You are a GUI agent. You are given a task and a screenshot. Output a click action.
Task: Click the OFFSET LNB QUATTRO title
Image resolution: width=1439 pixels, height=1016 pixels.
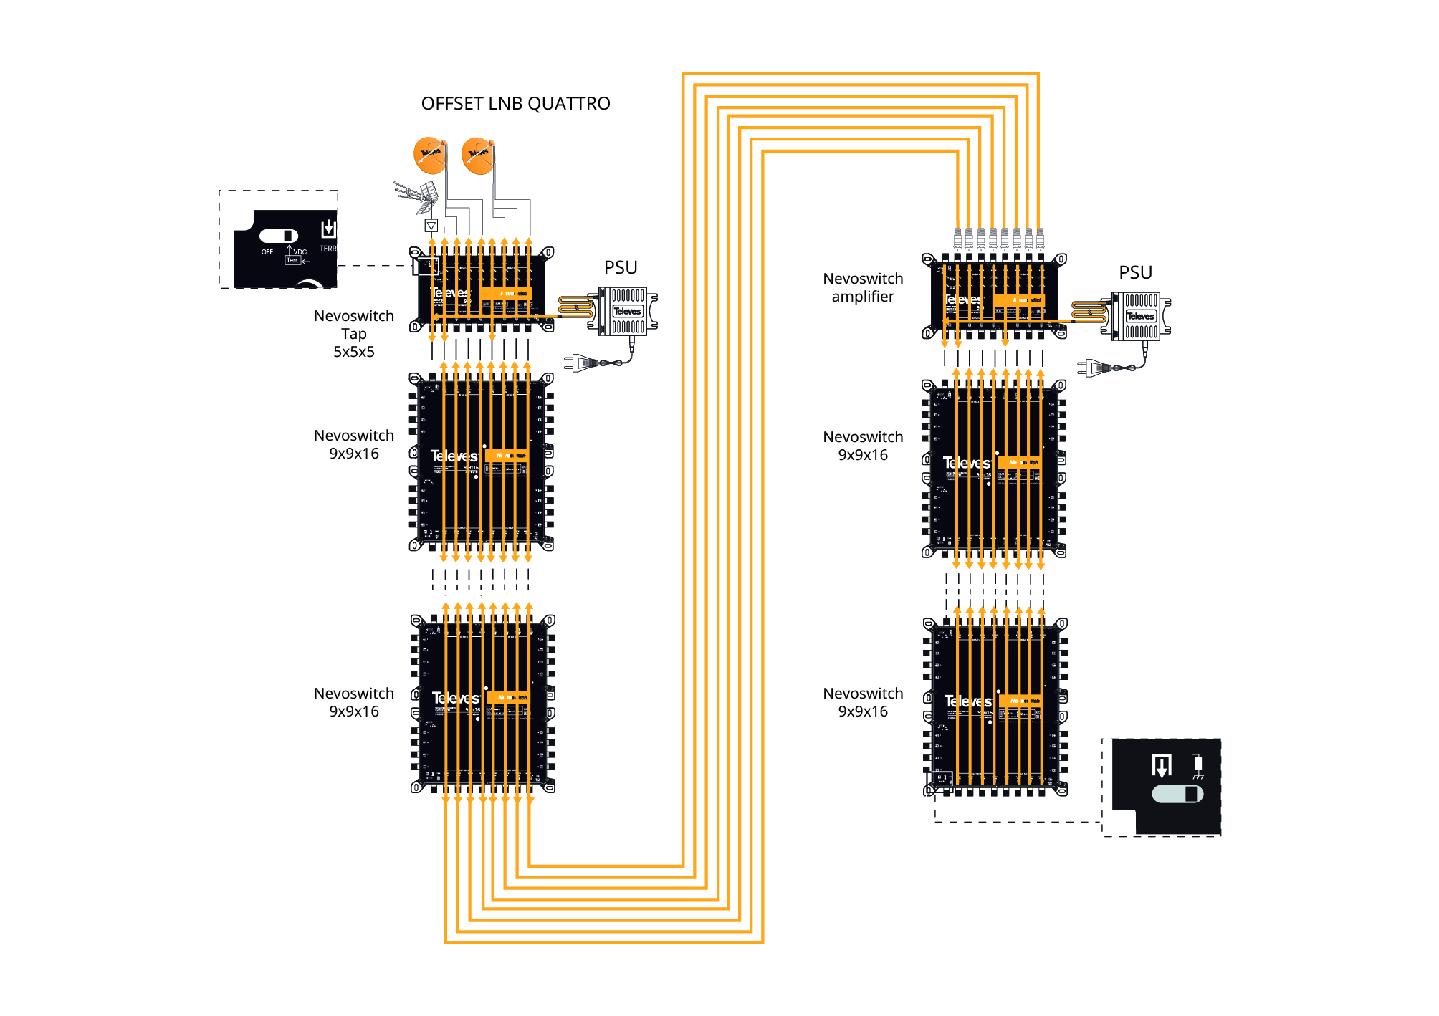pos(515,104)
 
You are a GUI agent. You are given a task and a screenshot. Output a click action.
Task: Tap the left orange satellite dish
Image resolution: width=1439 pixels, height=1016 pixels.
pos(429,155)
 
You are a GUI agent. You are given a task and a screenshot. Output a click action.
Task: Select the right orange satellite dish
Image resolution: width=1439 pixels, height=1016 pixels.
pos(477,155)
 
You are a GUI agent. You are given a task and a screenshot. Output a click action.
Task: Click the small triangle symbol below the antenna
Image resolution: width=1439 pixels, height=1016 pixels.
pos(431,226)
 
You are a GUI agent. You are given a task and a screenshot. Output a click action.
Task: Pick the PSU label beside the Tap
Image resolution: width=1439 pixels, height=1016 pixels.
pos(620,267)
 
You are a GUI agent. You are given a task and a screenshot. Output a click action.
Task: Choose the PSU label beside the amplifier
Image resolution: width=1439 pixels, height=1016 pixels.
pos(1135,272)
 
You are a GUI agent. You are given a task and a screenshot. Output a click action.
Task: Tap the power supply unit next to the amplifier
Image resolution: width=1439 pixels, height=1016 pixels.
pos(1139,316)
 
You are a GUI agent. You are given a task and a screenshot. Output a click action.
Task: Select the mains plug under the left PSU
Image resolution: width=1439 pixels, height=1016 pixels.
pos(582,363)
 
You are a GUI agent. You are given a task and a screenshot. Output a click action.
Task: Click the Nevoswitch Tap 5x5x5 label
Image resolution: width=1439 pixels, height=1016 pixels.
pos(354,333)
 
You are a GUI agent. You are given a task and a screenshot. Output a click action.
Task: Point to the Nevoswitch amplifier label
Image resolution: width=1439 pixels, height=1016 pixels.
pos(863,287)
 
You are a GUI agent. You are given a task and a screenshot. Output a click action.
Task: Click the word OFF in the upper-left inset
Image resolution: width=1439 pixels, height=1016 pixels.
pos(267,252)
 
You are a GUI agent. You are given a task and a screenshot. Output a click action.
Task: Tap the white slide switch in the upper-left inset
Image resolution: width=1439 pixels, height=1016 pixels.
pos(279,236)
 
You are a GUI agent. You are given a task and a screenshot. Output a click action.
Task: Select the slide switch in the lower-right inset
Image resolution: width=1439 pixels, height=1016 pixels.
pos(1177,794)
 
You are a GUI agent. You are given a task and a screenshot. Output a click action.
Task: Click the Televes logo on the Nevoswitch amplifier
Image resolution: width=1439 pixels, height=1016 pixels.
pos(963,299)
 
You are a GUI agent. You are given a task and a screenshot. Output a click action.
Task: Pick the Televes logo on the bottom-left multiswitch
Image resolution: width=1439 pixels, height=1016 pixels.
pos(455,698)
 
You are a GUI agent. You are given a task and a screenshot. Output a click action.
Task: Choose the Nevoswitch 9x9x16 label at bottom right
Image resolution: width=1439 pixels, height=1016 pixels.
pos(863,702)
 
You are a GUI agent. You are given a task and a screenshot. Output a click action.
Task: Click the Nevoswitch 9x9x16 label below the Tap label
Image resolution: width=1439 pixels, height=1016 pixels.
pos(354,444)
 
